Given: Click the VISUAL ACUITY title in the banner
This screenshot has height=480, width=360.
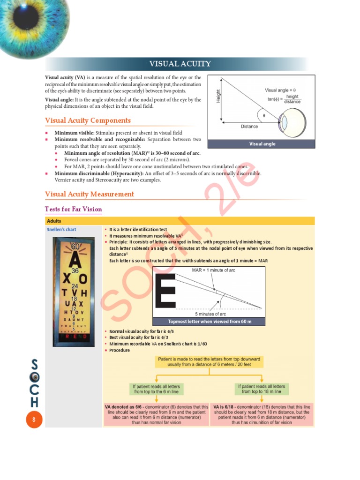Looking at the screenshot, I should click(180, 64).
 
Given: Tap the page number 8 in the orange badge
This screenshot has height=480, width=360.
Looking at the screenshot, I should click(34, 420).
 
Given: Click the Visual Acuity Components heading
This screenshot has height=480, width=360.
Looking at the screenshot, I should click(88, 120).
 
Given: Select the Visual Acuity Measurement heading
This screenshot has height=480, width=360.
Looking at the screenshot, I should click(89, 194).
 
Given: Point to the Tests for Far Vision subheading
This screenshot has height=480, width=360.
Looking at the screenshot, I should click(73, 209).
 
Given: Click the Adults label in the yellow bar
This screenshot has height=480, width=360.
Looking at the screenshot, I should click(54, 221).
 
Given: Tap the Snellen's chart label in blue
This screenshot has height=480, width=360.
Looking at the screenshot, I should click(61, 230).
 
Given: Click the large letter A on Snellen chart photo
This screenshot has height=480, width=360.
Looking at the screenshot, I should click(75, 258).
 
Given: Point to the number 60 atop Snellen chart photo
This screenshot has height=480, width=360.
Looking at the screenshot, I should click(75, 246).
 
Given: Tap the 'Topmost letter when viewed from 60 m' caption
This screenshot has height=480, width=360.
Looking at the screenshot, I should click(209, 322).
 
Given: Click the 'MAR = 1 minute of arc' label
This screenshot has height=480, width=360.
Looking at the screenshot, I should click(214, 270).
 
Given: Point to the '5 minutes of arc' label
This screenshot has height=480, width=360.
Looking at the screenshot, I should click(210, 314).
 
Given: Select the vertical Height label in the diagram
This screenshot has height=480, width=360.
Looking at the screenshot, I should click(218, 97).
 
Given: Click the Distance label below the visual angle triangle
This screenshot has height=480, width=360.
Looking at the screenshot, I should click(249, 126).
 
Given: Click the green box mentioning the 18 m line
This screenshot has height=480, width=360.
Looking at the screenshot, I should click(261, 389).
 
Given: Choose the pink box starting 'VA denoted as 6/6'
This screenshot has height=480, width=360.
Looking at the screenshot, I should click(157, 414).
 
